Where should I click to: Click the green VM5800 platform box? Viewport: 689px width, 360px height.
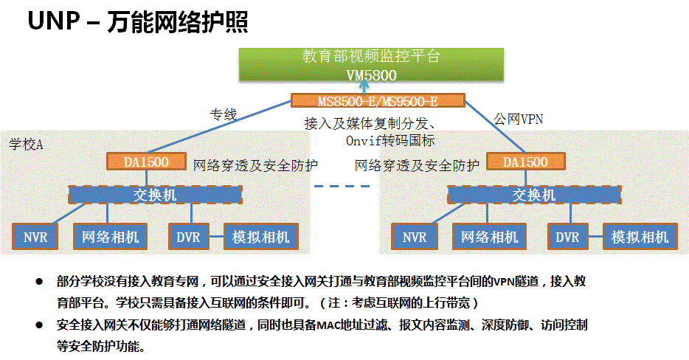(371, 64)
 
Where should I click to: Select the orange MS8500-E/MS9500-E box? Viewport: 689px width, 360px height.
(377, 101)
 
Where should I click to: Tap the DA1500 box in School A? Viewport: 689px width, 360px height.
(147, 161)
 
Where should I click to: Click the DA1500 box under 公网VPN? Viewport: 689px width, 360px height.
(526, 162)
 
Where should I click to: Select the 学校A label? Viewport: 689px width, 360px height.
(27, 142)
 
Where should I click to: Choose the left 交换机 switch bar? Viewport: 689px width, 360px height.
(156, 194)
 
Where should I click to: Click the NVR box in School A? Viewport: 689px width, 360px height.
(35, 237)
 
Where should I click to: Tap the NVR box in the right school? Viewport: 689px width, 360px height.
(415, 237)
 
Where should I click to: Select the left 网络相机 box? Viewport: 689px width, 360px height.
(110, 237)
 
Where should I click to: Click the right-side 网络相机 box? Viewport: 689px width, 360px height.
(490, 237)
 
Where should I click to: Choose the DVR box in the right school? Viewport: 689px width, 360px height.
(567, 237)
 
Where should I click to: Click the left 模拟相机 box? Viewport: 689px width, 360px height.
(261, 237)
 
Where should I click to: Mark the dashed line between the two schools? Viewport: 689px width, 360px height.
(342, 186)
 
